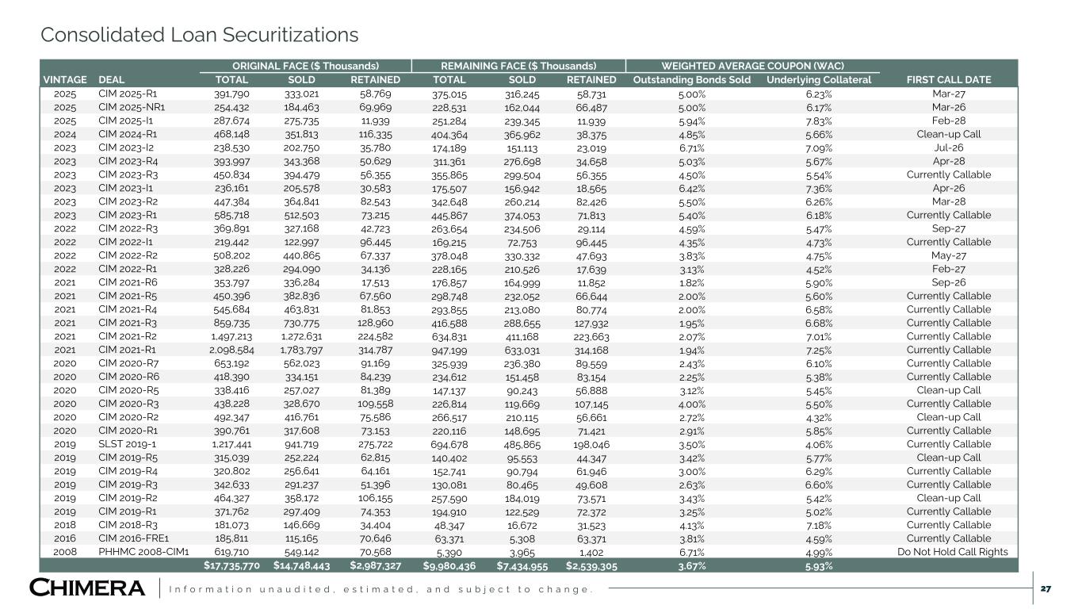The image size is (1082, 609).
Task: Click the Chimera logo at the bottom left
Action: pyautogui.click(x=87, y=588)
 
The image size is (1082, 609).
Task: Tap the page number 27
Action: pyautogui.click(x=1046, y=588)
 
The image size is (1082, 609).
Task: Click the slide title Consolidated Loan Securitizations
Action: pyautogui.click(x=199, y=35)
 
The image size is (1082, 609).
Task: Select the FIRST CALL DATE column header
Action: pyautogui.click(x=949, y=80)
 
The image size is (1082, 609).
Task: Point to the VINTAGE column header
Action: pyautogui.click(x=65, y=80)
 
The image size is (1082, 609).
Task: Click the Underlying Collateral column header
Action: pyautogui.click(x=819, y=80)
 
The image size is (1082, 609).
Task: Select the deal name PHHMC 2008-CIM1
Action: pyautogui.click(x=143, y=552)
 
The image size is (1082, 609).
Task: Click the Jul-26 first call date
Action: pyautogui.click(x=949, y=147)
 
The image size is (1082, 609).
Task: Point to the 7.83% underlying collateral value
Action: pyautogui.click(x=819, y=121)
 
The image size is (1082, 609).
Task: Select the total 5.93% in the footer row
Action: pyautogui.click(x=819, y=566)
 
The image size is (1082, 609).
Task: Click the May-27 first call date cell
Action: pyautogui.click(x=949, y=255)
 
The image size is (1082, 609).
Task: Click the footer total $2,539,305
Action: pyautogui.click(x=591, y=566)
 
